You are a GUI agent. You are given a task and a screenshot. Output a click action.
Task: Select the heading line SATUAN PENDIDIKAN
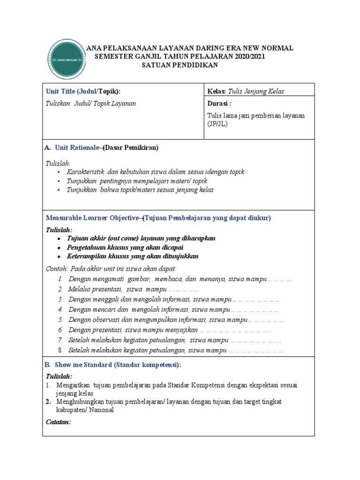pyautogui.click(x=180, y=65)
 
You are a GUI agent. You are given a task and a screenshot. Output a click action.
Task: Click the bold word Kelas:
pyautogui.click(x=217, y=91)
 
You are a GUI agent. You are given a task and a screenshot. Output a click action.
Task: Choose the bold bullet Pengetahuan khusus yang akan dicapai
pyautogui.click(x=125, y=247)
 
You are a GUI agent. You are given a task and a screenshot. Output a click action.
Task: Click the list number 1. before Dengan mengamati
pyautogui.click(x=61, y=279)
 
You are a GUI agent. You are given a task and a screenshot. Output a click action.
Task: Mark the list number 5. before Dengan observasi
pyautogui.click(x=61, y=320)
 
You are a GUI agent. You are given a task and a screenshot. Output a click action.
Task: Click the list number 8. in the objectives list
pyautogui.click(x=61, y=350)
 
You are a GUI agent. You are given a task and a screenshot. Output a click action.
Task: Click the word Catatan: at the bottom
pyautogui.click(x=58, y=422)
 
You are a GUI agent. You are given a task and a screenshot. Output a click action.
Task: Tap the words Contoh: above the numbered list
pyautogui.click(x=56, y=269)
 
